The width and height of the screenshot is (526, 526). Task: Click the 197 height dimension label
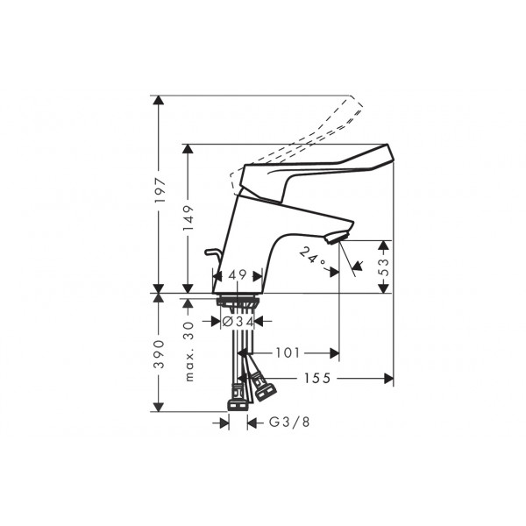pyautogui.click(x=160, y=190)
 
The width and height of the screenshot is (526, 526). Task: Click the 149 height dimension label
pyautogui.click(x=188, y=218)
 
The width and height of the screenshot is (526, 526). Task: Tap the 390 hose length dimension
pyautogui.click(x=159, y=354)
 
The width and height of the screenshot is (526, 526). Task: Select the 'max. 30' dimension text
pyautogui.click(x=189, y=352)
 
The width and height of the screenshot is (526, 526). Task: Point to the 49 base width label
pyautogui.click(x=238, y=275)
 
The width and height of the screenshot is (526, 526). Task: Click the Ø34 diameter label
pyautogui.click(x=238, y=322)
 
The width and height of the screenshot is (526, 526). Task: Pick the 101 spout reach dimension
pyautogui.click(x=288, y=353)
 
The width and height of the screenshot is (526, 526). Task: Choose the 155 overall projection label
pyautogui.click(x=317, y=379)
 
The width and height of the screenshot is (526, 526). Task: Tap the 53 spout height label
pyautogui.click(x=384, y=267)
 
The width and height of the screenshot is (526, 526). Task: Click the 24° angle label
pyautogui.click(x=312, y=256)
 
